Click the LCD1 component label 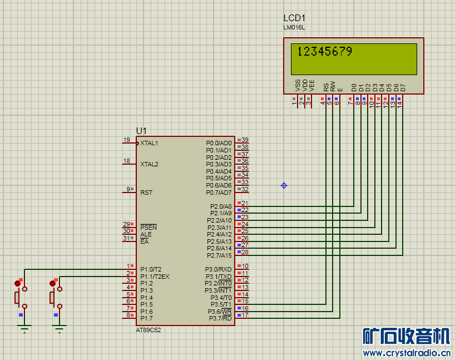tap(294, 18)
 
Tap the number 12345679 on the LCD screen tap(325, 52)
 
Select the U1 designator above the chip tap(141, 131)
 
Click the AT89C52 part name tap(149, 329)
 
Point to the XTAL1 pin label tap(149, 144)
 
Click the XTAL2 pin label tap(149, 165)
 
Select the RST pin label tap(146, 193)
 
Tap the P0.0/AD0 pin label tap(219, 144)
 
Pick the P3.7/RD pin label tap(220, 318)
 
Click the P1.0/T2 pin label tap(150, 269)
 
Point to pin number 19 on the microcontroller tap(126, 140)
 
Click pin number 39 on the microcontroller tap(245, 140)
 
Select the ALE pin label tap(146, 234)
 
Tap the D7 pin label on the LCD tap(403, 87)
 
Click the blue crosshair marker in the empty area tap(284, 185)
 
